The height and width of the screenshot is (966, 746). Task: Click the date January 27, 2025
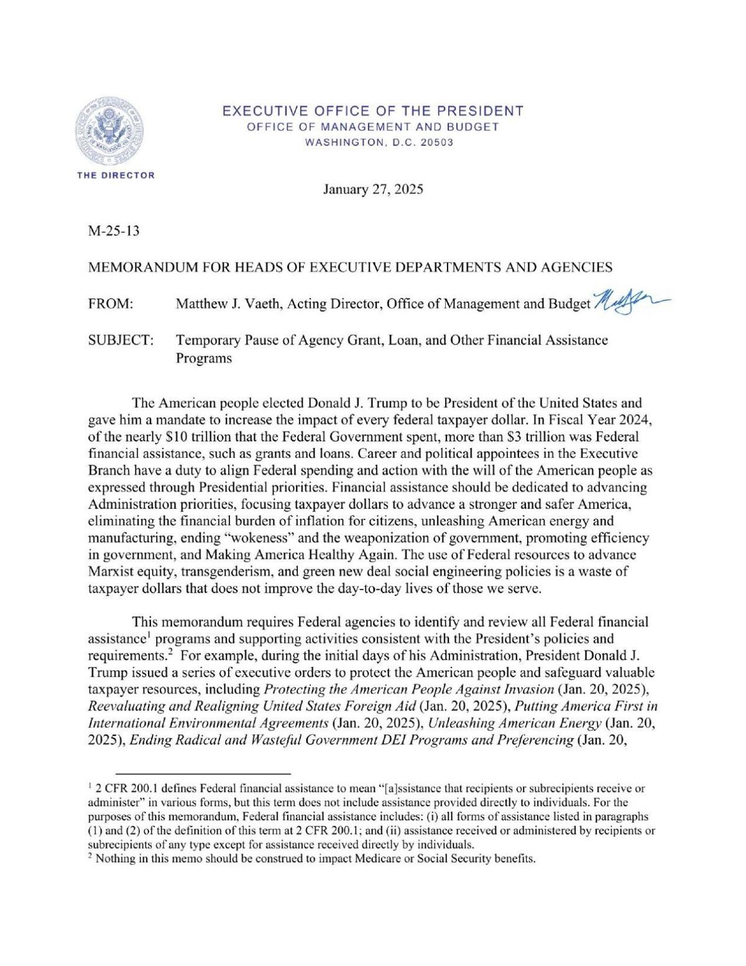pos(373,190)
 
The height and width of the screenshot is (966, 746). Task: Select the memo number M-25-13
pos(114,231)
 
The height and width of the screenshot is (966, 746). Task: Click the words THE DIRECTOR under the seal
pos(116,175)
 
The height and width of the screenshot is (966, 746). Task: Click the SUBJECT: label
pos(121,340)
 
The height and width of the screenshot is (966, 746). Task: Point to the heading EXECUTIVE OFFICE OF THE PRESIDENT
pos(373,111)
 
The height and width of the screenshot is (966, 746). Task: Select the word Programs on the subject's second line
pos(204,359)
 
